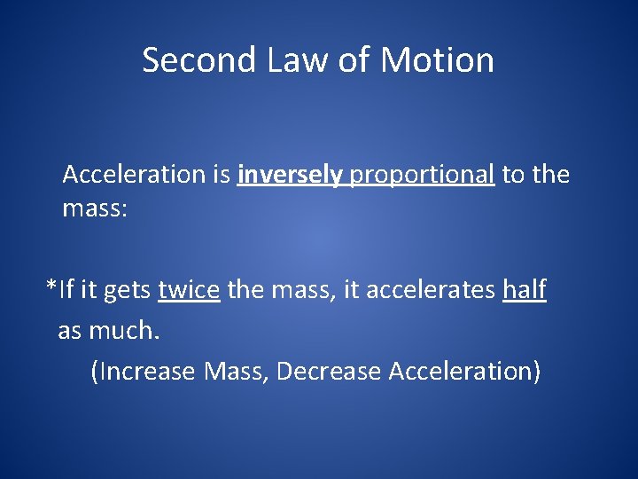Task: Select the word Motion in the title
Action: point(437,60)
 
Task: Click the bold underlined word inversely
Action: point(290,175)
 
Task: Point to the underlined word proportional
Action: point(422,175)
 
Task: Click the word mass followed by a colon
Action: point(95,210)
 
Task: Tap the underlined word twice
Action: point(189,289)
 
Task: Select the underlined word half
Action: point(525,289)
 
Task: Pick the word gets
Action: point(129,291)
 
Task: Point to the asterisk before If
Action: point(51,286)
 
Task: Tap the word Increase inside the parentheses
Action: point(146,371)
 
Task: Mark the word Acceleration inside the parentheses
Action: point(461,371)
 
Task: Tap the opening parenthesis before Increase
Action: point(95,371)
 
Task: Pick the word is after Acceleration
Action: point(222,175)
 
